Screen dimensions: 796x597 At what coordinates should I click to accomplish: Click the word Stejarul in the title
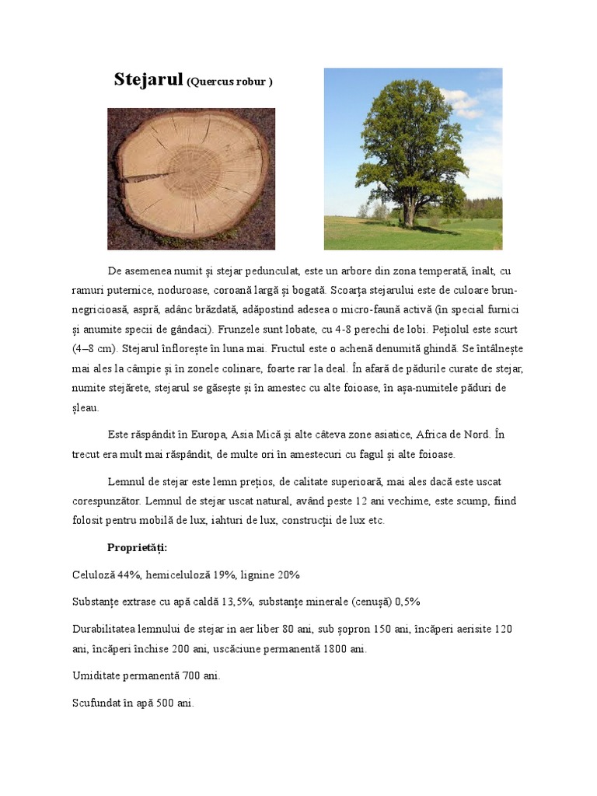(x=148, y=79)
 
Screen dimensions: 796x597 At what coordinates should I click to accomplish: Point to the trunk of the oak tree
(x=408, y=210)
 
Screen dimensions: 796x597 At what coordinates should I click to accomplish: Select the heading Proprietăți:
(x=137, y=548)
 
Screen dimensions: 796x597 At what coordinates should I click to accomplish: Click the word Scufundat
(x=96, y=703)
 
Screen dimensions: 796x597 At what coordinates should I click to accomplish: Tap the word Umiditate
(x=96, y=676)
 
